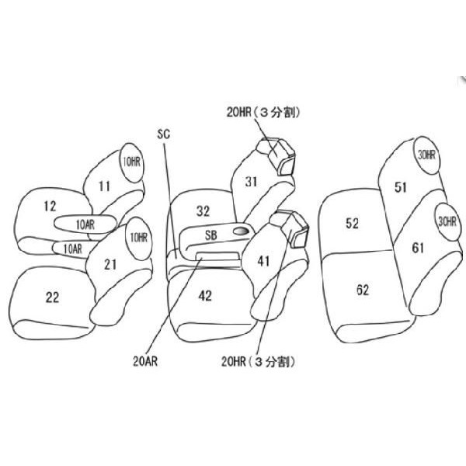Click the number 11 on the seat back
pos(104,186)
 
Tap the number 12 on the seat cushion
pos(50,207)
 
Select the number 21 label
pos(110,264)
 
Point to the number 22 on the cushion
pos(52,297)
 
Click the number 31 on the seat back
pos(251,182)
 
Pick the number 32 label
pos(203,211)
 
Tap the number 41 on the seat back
pos(263,261)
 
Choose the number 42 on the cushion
pos(205,296)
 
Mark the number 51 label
pos(400,187)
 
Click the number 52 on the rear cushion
pos(352,223)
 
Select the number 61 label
pos(418,248)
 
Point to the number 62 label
pos(363,290)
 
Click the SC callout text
pos(163,134)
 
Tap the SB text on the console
pos(211,235)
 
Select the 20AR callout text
pos(145,361)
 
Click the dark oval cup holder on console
pos(241,231)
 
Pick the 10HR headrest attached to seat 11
pos(132,162)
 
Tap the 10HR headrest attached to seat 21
pos(138,238)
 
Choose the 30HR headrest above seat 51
pos(426,155)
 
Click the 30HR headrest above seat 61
pos(447,221)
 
